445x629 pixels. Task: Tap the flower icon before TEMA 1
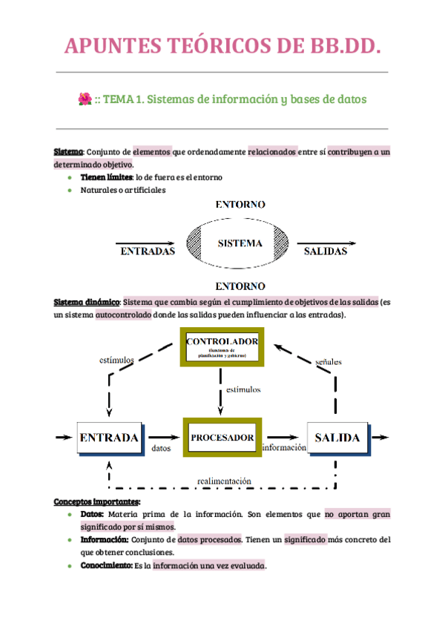(85, 99)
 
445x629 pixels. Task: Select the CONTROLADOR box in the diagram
(222, 347)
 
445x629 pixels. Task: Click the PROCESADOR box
(222, 438)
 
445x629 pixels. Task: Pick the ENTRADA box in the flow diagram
(109, 438)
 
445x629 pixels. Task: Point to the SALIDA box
(337, 438)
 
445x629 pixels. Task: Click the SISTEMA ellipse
(240, 243)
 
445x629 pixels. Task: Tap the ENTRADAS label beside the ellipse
(148, 251)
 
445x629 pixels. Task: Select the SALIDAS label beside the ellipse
(325, 251)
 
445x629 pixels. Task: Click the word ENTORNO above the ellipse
(240, 204)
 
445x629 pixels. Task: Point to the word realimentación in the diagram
(224, 481)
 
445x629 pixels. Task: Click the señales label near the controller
(328, 362)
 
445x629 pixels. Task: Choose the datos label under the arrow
(161, 449)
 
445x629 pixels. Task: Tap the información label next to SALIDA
(284, 448)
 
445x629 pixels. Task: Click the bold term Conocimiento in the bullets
(106, 566)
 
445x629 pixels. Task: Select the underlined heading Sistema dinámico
(87, 303)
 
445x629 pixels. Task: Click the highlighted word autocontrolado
(122, 314)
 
